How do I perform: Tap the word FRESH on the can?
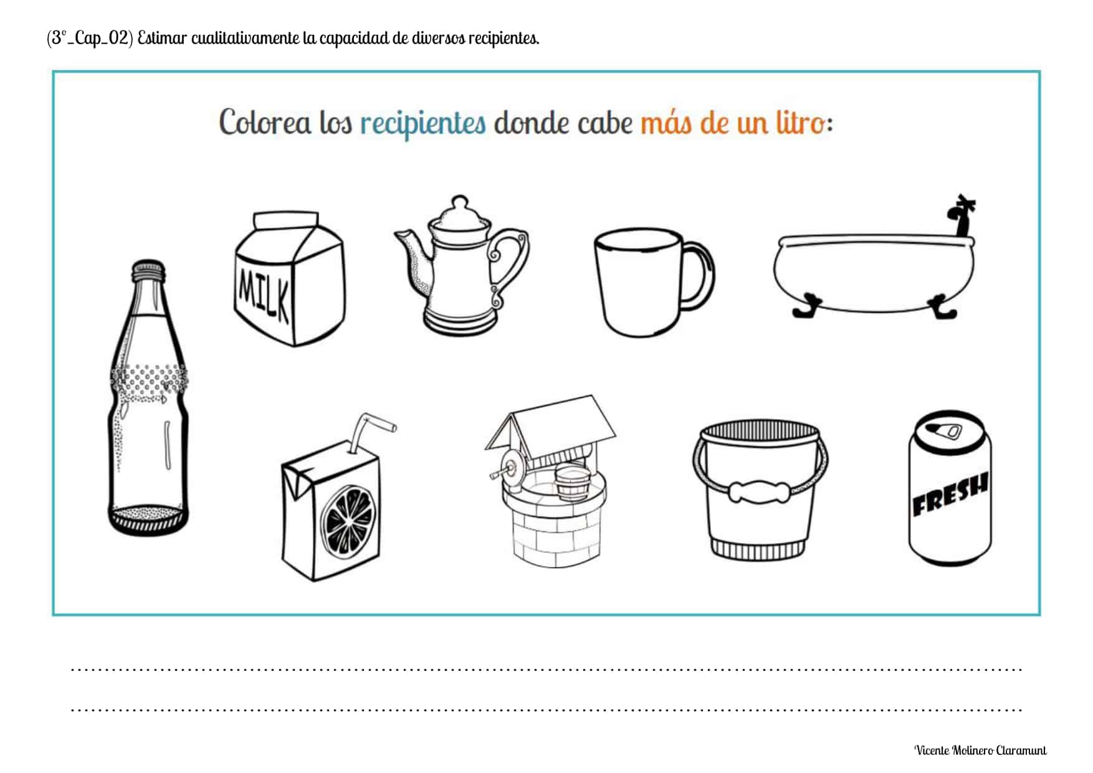pos(950,496)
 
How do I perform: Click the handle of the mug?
pos(697,275)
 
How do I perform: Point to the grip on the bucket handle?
pos(760,491)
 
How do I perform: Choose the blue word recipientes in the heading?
pos(423,123)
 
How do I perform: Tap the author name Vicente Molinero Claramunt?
pos(981,750)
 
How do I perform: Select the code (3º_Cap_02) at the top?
pos(90,38)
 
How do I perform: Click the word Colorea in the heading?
pos(265,122)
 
